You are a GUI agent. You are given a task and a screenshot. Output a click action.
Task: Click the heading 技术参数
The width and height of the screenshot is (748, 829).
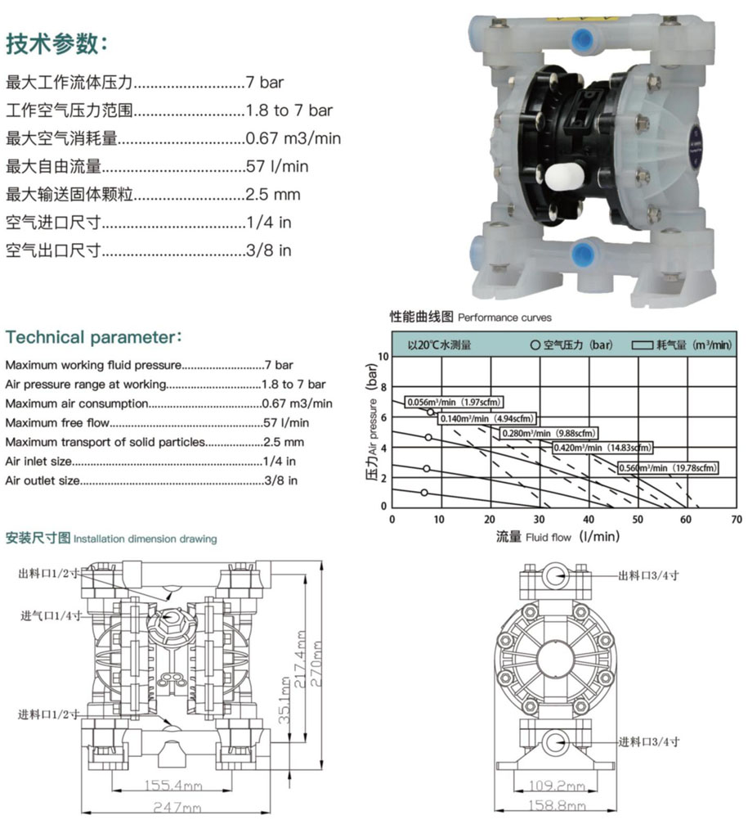[57, 43]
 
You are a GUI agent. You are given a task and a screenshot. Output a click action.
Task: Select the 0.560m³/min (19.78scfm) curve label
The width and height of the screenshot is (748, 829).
[668, 467]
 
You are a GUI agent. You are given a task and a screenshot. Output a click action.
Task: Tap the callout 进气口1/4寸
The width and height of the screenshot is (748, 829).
[51, 616]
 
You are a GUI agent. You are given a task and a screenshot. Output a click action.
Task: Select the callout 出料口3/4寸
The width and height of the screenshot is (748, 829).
[648, 576]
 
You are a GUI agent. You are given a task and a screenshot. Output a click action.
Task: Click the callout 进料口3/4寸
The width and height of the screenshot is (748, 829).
[649, 741]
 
